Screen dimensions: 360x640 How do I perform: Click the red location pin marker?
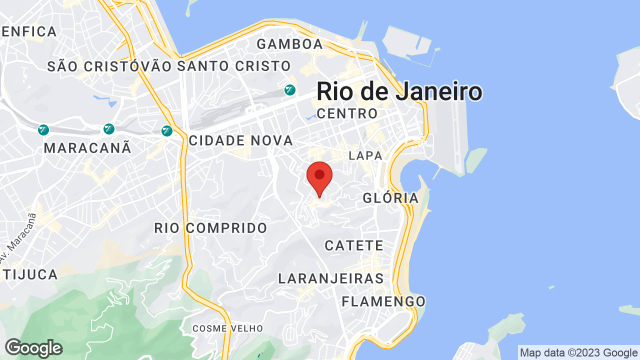pos(319,176)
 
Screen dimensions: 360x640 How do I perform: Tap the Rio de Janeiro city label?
pos(399,92)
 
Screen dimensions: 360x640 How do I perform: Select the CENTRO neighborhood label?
pos(347,114)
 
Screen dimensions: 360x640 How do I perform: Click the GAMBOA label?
pos(290,44)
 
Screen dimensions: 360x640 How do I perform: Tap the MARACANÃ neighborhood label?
pos(87,148)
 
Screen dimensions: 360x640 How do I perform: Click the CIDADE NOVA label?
pos(241,141)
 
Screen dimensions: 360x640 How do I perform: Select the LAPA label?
pos(365,156)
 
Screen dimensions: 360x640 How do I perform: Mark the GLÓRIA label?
pos(391,198)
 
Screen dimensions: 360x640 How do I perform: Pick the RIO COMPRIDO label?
pos(210,228)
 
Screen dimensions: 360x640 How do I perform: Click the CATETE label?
pos(354,245)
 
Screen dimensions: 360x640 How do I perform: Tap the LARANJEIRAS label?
pos(331,278)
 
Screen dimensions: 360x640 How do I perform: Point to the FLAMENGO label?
pos(383,301)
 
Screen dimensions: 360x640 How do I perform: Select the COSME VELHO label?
pos(227,328)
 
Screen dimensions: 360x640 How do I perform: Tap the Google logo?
pos(33,348)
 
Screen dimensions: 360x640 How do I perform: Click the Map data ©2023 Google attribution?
pos(578,353)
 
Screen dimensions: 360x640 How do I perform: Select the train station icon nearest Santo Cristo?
pos(289,90)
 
